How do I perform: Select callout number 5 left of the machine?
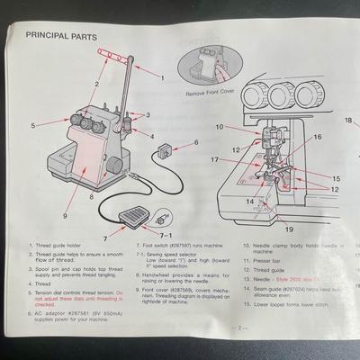[x=31, y=125]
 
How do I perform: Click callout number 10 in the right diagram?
[x=219, y=126]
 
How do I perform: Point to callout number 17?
[x=216, y=160]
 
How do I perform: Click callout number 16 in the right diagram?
[x=316, y=137]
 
